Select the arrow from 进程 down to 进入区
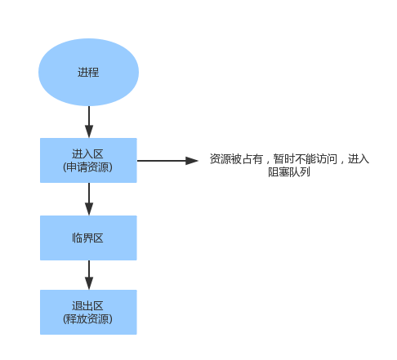(88, 121)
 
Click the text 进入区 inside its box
(88, 153)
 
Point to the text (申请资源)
(88, 167)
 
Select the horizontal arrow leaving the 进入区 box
(163, 161)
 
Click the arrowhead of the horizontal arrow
(193, 161)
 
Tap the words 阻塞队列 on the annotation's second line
(288, 172)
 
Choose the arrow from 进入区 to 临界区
(88, 198)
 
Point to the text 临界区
(88, 238)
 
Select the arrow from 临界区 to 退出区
(88, 273)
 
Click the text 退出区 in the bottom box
(88, 305)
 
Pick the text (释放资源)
(88, 318)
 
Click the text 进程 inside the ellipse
(88, 73)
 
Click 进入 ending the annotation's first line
(359, 159)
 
